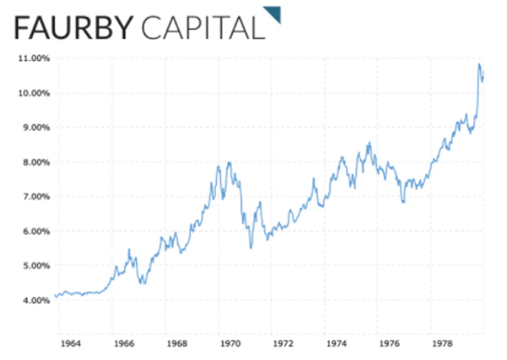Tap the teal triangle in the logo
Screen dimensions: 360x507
pos(274,13)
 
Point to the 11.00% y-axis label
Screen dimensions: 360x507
pos(34,58)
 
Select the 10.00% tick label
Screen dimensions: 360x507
pos(34,93)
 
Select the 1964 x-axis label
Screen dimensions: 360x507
pos(71,343)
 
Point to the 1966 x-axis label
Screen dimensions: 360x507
pos(124,343)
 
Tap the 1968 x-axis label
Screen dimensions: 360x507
pos(177,343)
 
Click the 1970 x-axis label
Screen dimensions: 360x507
pos(230,343)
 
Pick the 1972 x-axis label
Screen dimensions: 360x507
pos(283,343)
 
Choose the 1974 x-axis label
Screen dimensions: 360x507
pos(336,343)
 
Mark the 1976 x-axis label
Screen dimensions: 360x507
pos(389,343)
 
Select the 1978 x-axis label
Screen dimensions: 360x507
pos(443,343)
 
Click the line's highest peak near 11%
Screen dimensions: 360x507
pos(479,64)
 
